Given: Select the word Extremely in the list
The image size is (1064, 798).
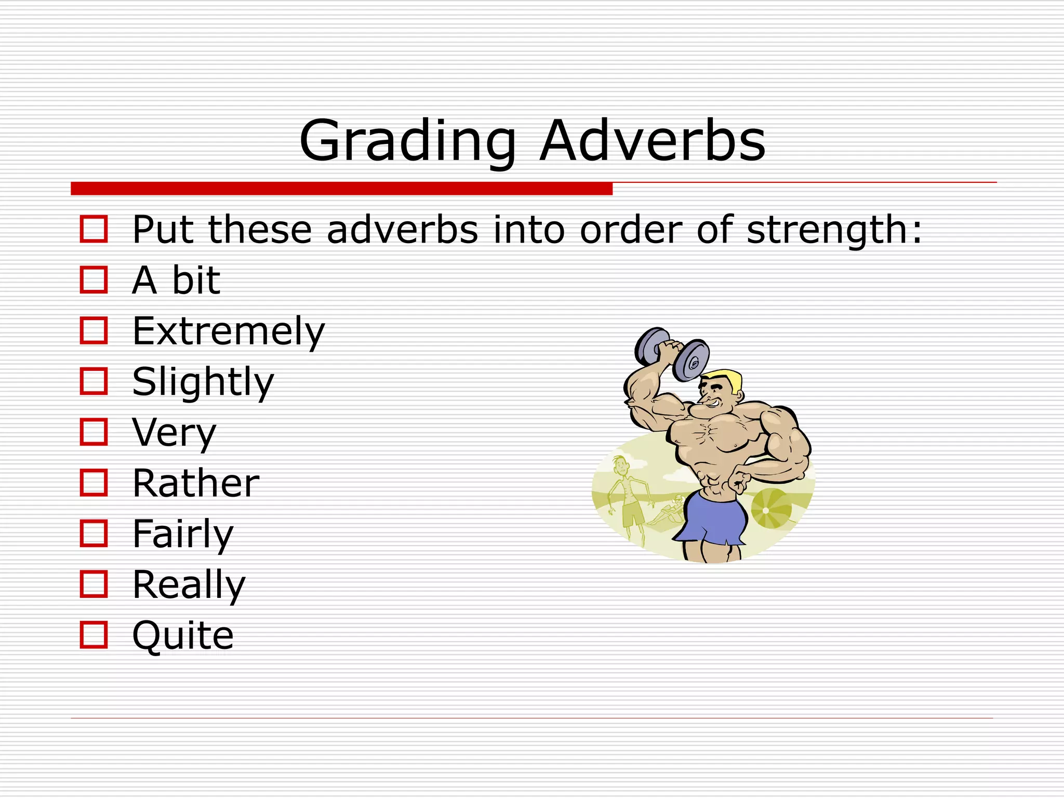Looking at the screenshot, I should click(229, 331).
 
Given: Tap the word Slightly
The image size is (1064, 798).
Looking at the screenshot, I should click(203, 382).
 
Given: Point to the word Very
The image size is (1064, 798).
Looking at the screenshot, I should click(174, 432).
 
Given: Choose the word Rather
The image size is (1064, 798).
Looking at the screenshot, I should click(196, 483).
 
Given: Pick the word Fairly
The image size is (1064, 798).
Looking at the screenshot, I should click(183, 534).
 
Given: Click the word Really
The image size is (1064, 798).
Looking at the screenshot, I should click(189, 584).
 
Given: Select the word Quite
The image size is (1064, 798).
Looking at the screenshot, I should click(183, 635).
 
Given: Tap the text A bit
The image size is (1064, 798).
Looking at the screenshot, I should click(176, 281).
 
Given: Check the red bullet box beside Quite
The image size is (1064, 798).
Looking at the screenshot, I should click(94, 635).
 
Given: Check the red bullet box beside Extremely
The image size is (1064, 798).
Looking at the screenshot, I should click(94, 331).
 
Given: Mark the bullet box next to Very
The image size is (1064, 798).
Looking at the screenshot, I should click(94, 432).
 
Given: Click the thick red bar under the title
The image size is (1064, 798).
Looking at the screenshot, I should click(341, 189).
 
